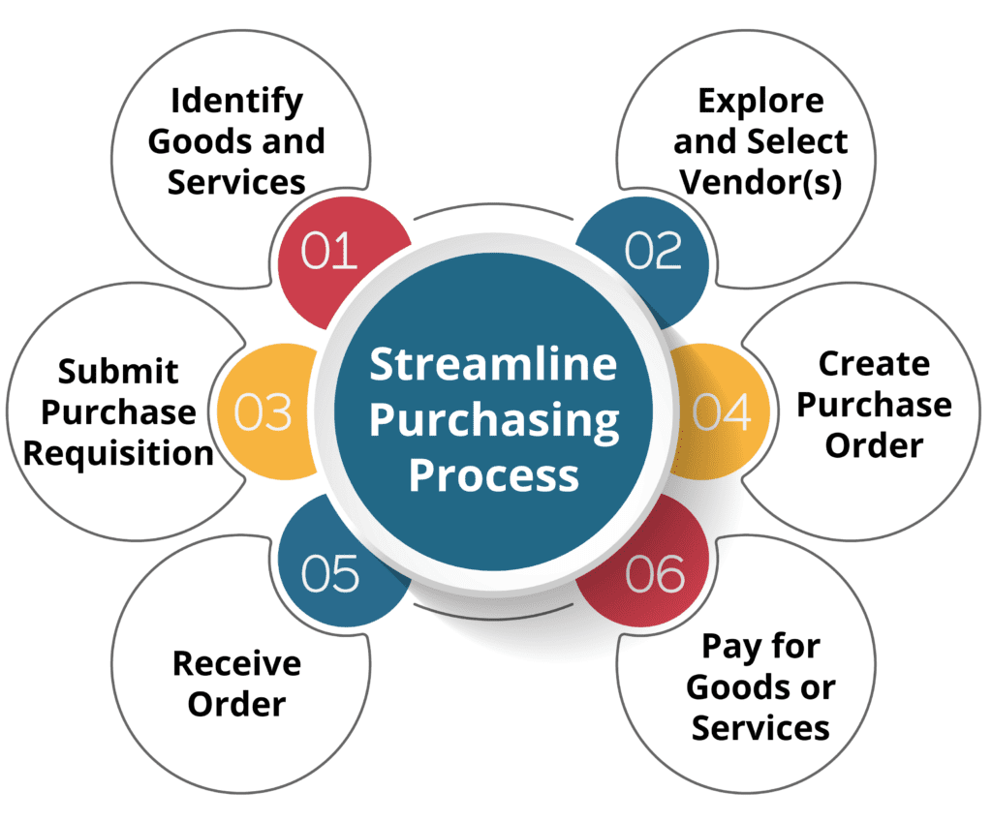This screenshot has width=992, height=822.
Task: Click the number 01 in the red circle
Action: click(329, 251)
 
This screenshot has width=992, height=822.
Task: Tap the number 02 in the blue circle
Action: click(654, 251)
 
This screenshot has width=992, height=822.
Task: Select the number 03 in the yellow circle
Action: click(263, 412)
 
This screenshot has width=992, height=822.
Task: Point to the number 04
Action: click(721, 412)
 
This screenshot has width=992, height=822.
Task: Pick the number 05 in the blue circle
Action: click(329, 574)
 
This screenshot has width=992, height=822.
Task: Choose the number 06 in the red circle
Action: click(655, 574)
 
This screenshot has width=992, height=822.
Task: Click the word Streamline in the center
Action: click(493, 364)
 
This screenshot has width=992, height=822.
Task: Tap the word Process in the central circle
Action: click(493, 475)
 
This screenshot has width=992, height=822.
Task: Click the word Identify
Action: click(237, 102)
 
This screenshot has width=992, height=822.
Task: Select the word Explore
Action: click(760, 102)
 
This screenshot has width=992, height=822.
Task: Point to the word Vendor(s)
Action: click(760, 183)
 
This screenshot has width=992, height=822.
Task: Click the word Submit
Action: click(118, 371)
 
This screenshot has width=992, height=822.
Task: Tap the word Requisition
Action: click(118, 454)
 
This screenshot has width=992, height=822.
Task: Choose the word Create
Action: click(875, 364)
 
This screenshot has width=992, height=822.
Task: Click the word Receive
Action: click(237, 664)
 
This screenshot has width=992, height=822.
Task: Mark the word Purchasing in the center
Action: click(494, 421)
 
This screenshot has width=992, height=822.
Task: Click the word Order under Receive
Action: click(236, 705)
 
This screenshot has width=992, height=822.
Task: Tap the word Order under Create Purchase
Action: click(875, 445)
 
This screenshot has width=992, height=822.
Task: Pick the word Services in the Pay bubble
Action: click(760, 728)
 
